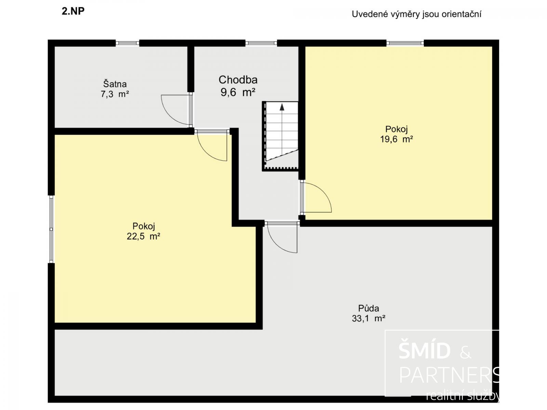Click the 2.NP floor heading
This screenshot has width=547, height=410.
73,11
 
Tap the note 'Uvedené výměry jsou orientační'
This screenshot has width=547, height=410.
416,14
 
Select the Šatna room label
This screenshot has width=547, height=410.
115,84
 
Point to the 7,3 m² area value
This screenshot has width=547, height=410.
115,94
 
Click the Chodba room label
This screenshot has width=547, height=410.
238,80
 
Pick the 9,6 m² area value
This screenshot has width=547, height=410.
238,92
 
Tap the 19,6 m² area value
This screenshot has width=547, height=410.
396,139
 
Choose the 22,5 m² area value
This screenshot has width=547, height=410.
143,236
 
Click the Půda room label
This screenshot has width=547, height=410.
369,308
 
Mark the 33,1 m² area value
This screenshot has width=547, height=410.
369,318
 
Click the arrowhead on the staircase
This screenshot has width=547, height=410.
282,107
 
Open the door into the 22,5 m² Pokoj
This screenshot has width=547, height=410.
212,145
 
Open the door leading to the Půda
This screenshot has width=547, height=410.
282,237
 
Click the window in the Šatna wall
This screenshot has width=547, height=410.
127,43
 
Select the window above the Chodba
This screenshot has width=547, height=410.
261,43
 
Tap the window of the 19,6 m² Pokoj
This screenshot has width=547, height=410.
405,43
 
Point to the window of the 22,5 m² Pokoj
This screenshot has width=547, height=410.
51,229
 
